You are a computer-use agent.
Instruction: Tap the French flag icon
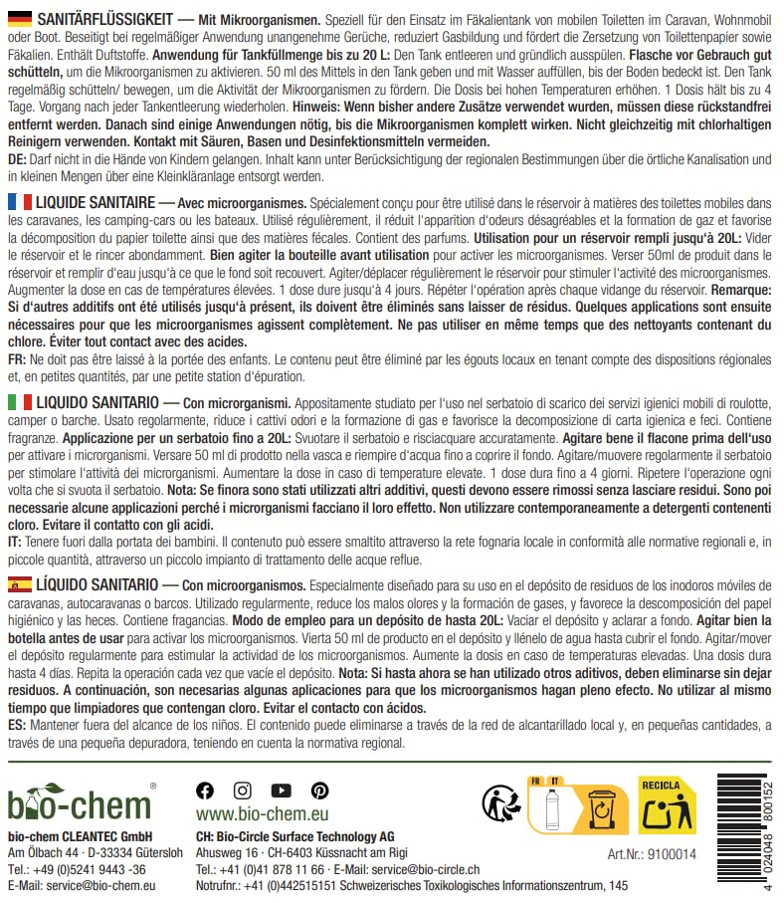pos(19,202)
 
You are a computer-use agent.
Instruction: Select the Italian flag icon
pos(19,400)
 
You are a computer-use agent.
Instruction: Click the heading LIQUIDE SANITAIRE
pos(96,202)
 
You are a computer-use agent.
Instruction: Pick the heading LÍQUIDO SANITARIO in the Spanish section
pos(97,583)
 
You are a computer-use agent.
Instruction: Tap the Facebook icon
pos(205,790)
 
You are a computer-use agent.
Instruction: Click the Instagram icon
pos(243,790)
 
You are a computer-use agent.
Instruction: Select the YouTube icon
pos(281,790)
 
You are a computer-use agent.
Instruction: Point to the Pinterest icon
pos(319,790)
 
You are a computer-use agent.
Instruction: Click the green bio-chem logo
pos(80,799)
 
